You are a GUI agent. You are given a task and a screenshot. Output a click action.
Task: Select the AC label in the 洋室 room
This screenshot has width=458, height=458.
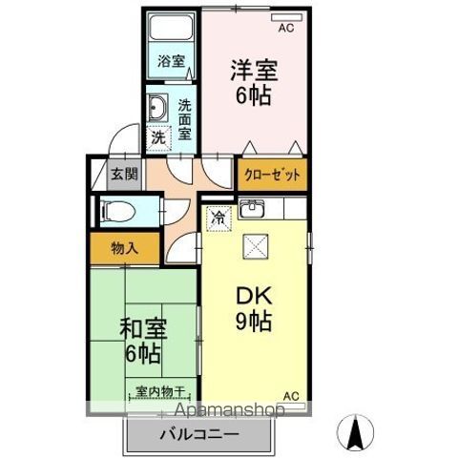[x=283, y=28]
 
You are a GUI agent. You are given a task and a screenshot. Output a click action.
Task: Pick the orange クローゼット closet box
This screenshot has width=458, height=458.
[x=272, y=175]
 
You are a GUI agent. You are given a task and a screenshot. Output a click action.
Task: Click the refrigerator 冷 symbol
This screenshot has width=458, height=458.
[x=219, y=216]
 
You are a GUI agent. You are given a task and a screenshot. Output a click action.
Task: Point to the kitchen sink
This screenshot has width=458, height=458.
[x=254, y=209]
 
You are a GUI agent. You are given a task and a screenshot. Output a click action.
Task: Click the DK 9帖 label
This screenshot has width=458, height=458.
[x=253, y=307]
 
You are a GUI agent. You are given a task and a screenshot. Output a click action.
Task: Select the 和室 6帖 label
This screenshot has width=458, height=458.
[x=143, y=340]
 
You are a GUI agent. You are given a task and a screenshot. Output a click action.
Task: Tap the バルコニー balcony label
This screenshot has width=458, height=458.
[x=200, y=435]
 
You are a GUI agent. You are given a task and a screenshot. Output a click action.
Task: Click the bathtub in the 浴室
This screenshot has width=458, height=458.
[x=173, y=33]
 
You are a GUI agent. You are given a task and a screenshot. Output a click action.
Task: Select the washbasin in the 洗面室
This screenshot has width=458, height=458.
[x=158, y=106]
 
